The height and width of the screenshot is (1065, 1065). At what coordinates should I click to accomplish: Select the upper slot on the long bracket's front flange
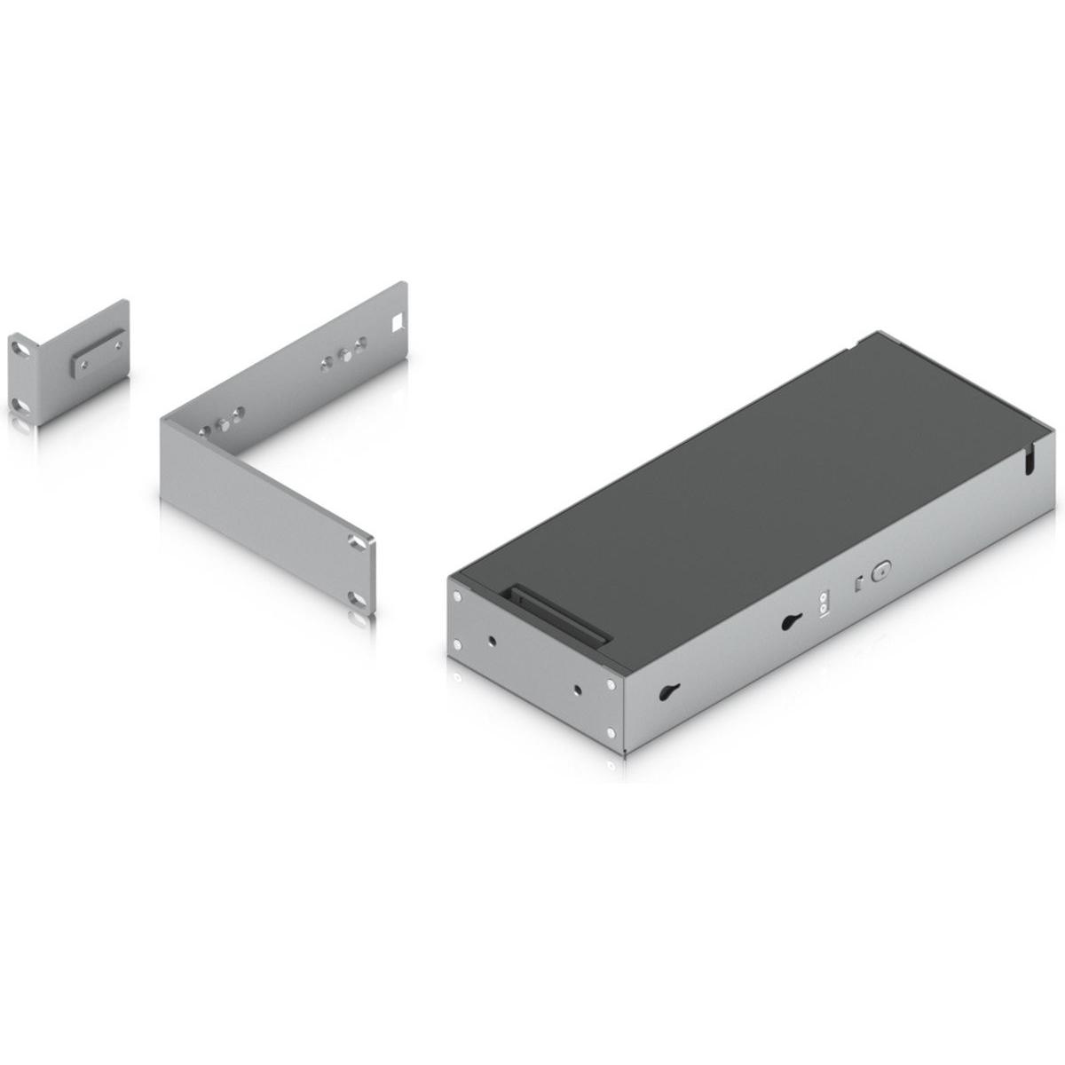[356, 543]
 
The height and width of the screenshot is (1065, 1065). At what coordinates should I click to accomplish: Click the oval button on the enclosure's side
[880, 572]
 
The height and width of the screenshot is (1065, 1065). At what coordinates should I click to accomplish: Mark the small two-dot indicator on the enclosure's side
[823, 604]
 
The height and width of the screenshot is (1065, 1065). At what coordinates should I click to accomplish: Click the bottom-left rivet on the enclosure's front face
[457, 644]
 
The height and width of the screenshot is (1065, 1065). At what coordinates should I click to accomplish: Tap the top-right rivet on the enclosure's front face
[611, 684]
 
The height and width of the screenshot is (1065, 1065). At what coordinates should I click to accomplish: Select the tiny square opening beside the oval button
[857, 583]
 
